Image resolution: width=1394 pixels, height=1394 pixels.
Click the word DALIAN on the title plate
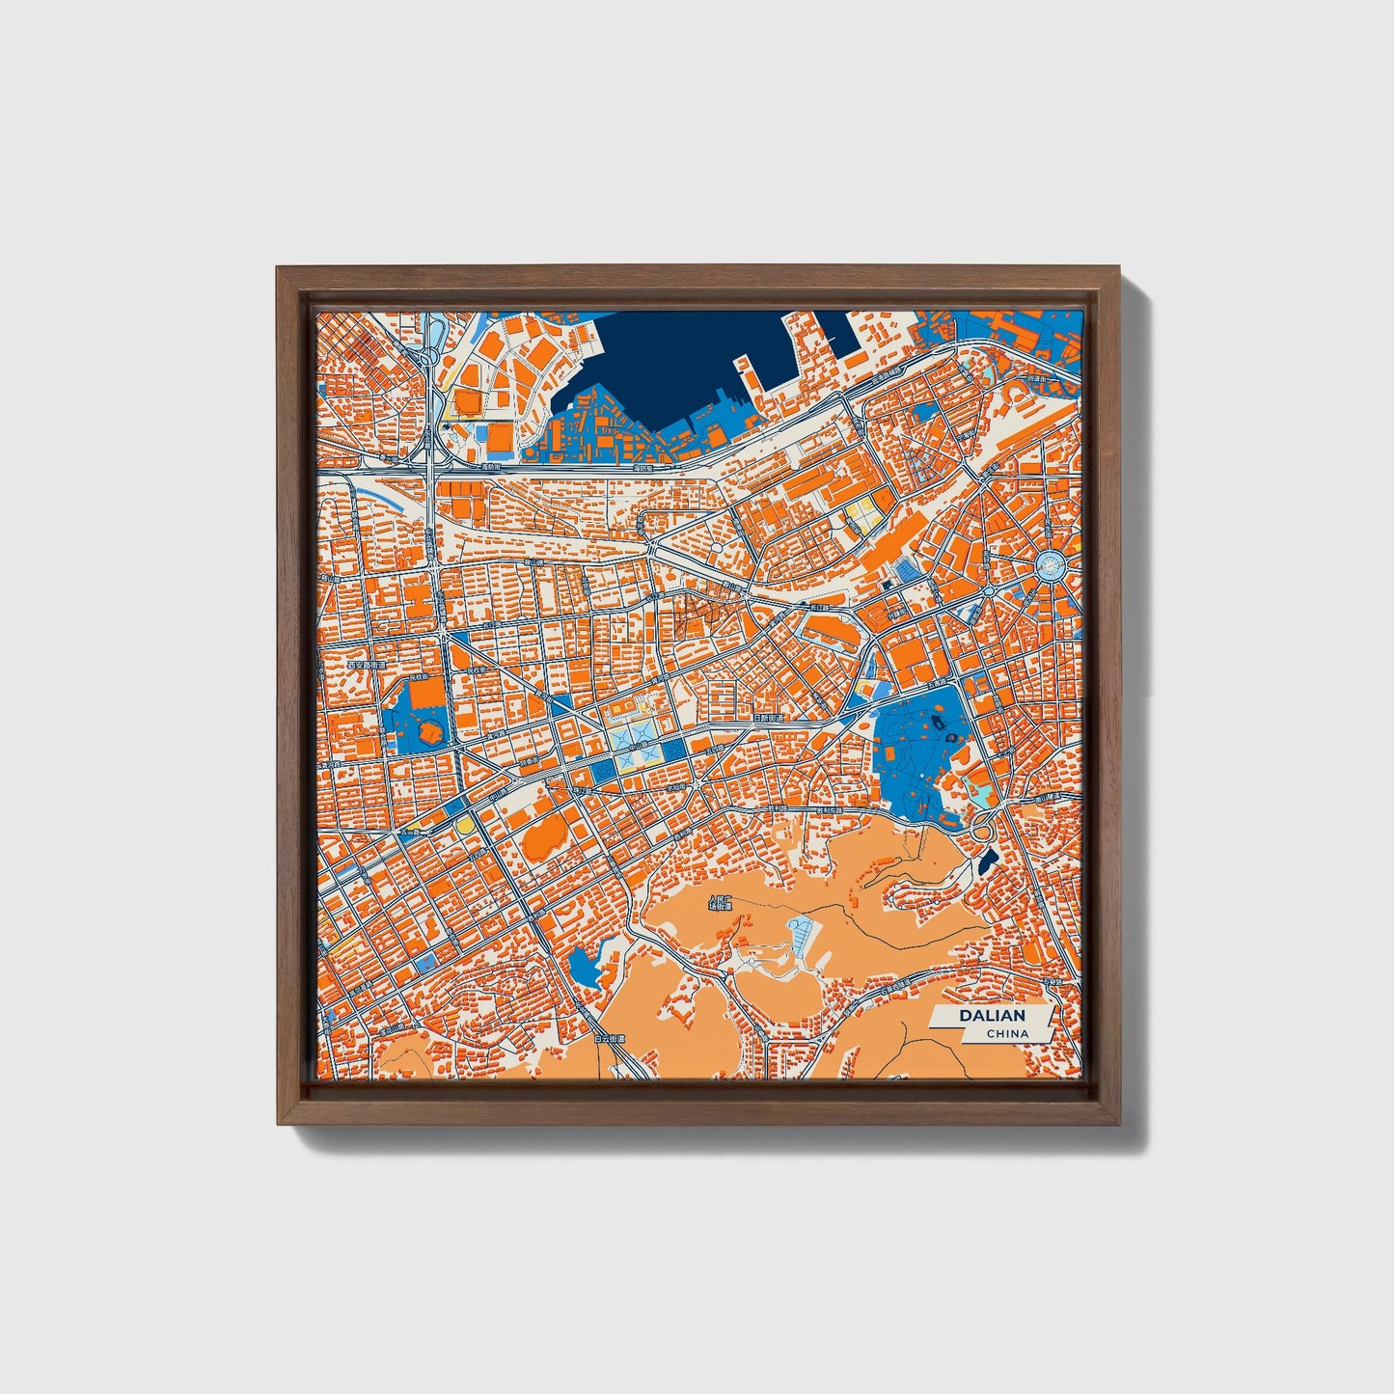pyautogui.click(x=992, y=1016)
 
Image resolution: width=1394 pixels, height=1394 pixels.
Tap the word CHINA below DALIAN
pyautogui.click(x=1006, y=1034)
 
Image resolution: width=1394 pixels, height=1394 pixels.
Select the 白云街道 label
pyautogui.click(x=610, y=1039)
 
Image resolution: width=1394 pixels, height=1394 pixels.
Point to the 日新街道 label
pyautogui.click(x=769, y=718)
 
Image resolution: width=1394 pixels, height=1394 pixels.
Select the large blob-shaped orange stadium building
pyautogui.click(x=545, y=835)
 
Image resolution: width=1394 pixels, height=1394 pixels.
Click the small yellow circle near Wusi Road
pyautogui.click(x=465, y=826)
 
